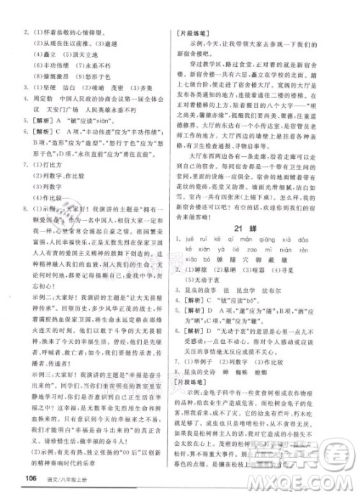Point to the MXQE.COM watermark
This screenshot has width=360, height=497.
317,479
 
